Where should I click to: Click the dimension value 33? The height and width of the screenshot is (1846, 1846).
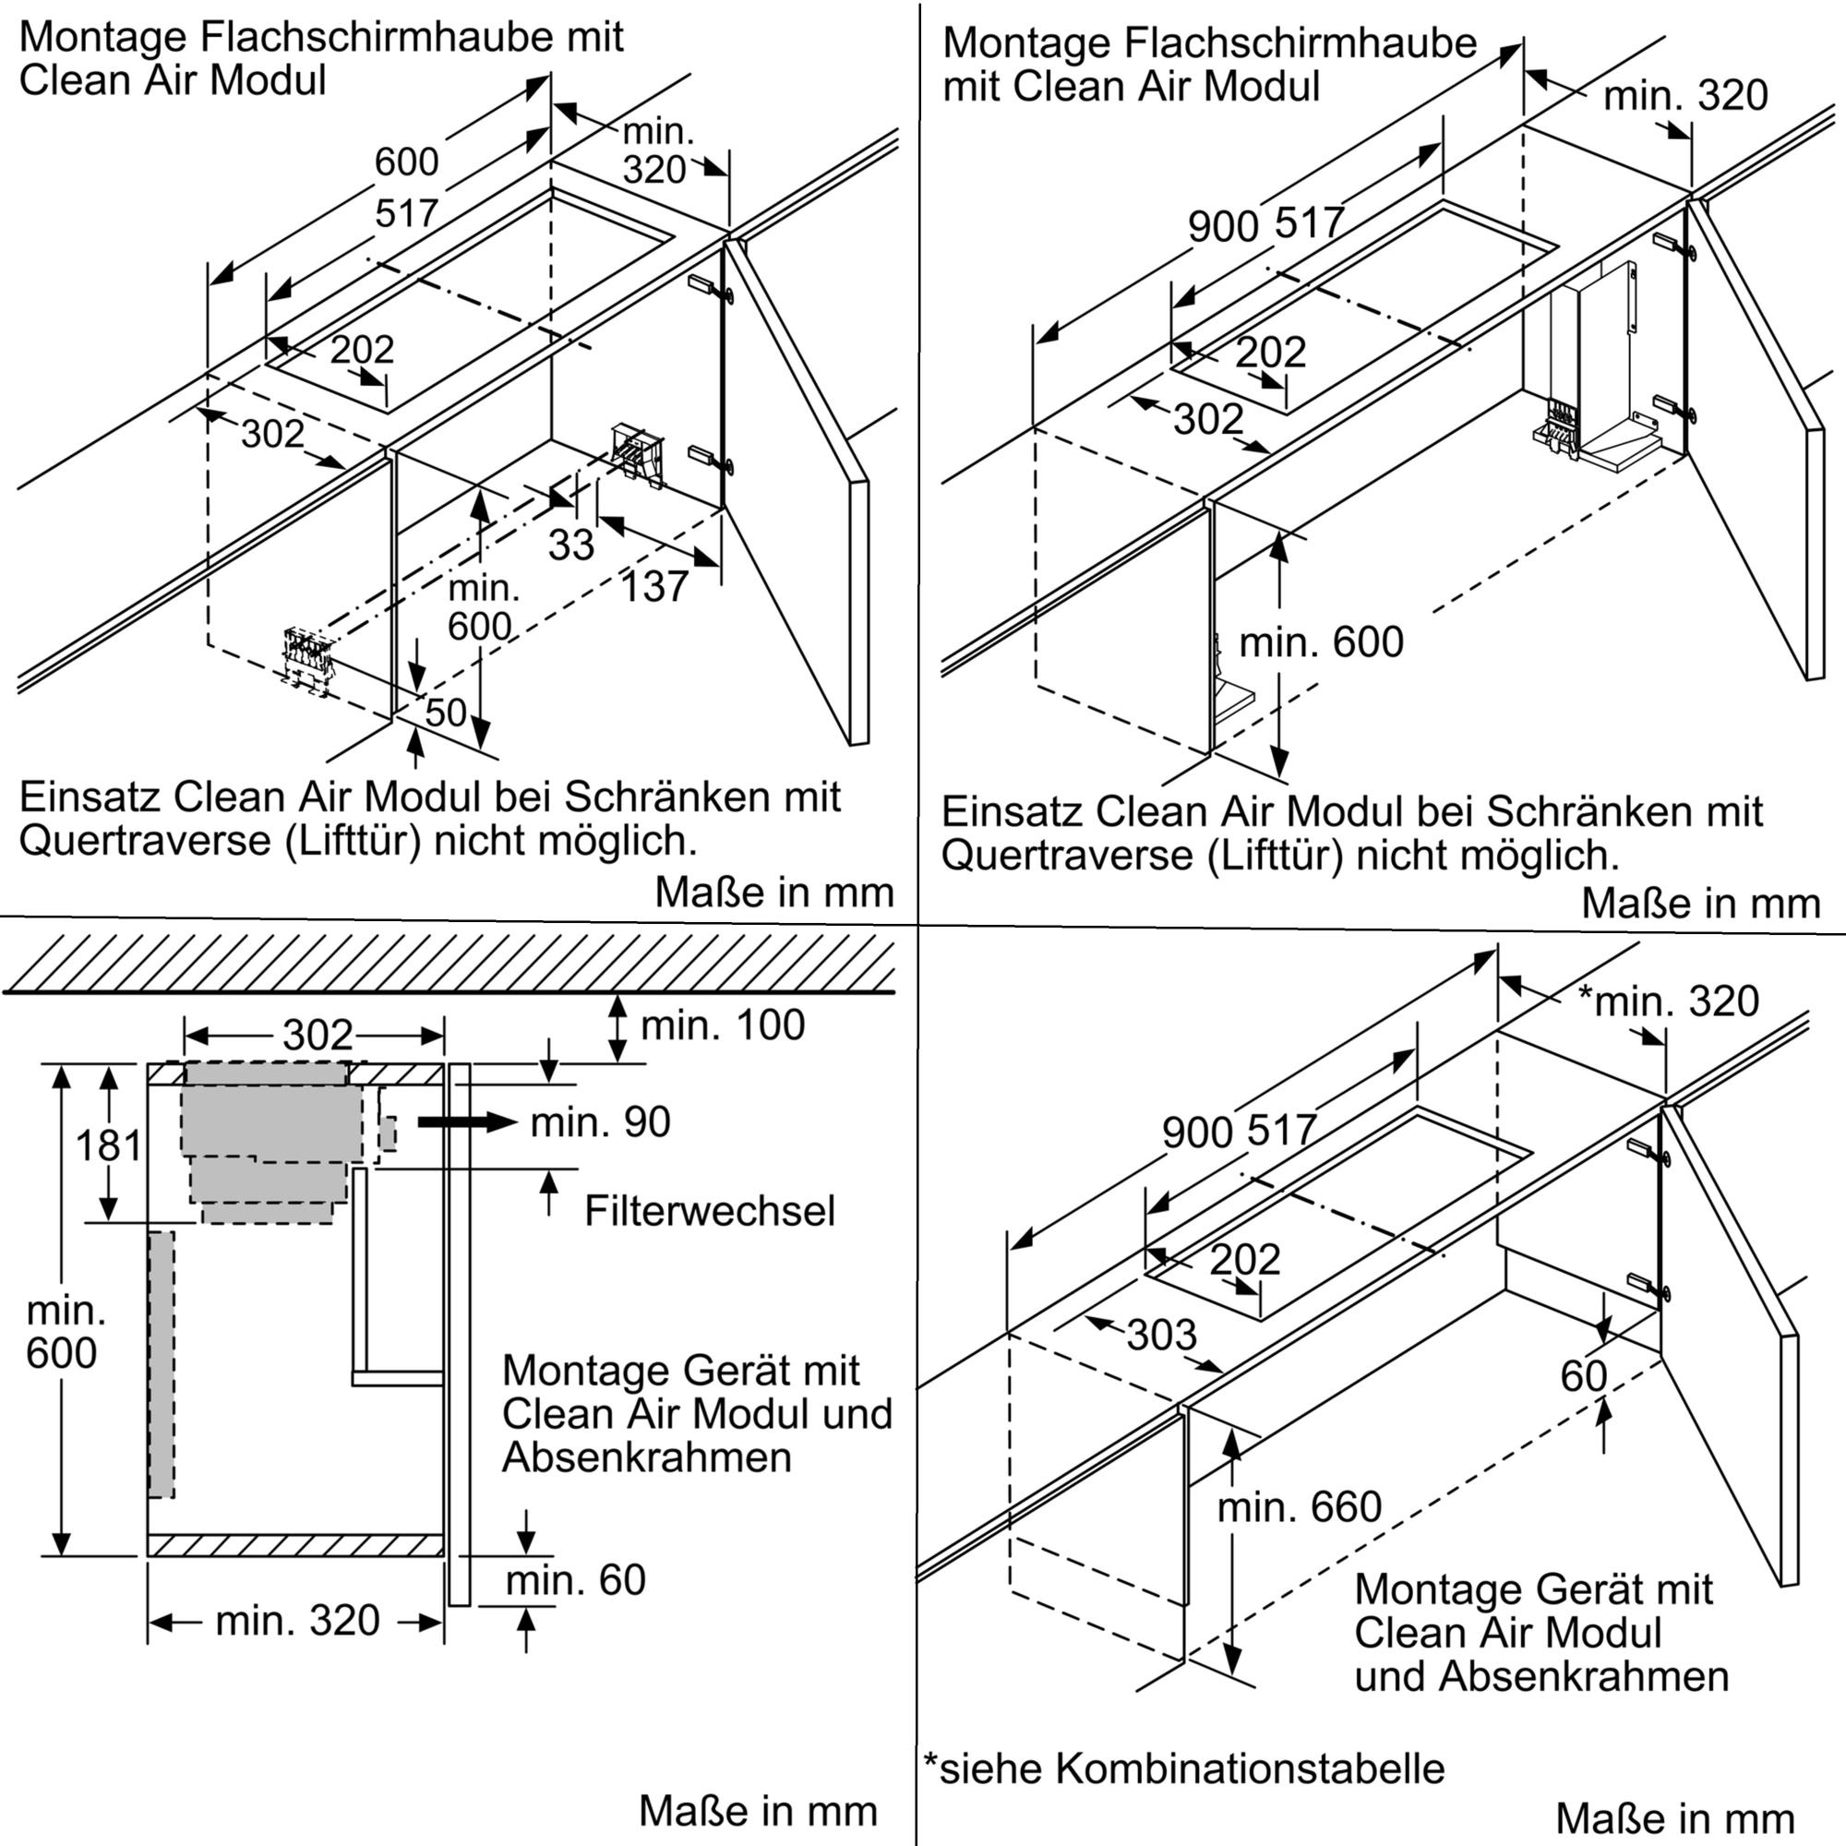(x=570, y=545)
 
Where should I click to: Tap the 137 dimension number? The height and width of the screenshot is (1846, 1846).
(x=654, y=586)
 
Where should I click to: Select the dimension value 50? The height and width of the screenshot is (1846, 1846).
(x=445, y=712)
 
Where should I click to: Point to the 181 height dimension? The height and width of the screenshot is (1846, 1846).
(x=108, y=1145)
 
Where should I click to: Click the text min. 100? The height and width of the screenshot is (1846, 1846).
(x=723, y=1025)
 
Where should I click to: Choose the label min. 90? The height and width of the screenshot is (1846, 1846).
(x=600, y=1121)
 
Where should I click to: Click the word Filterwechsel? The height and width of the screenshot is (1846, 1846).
(x=709, y=1212)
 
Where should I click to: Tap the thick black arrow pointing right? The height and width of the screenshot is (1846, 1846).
(x=467, y=1121)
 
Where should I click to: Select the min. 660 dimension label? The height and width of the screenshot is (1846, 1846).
(x=1299, y=1508)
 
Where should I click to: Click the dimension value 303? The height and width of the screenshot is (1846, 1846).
(x=1161, y=1335)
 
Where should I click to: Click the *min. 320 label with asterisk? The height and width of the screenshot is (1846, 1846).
(x=1667, y=1001)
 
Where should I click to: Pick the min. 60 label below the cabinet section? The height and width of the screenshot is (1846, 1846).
(x=575, y=1579)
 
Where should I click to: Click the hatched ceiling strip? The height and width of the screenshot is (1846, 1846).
(x=450, y=963)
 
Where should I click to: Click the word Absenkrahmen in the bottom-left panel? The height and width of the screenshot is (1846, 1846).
(x=646, y=1458)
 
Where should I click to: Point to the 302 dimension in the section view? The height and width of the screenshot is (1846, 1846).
(x=318, y=1035)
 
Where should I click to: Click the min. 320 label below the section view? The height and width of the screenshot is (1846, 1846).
(x=297, y=1621)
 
